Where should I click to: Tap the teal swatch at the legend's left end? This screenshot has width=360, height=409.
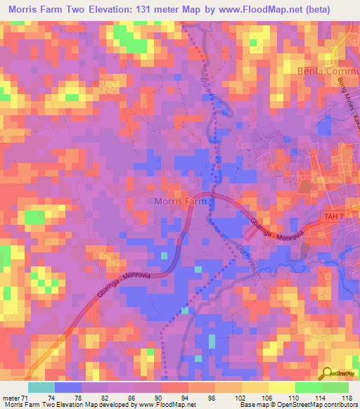click(41, 387)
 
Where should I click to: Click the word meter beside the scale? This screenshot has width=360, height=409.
click(12, 397)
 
